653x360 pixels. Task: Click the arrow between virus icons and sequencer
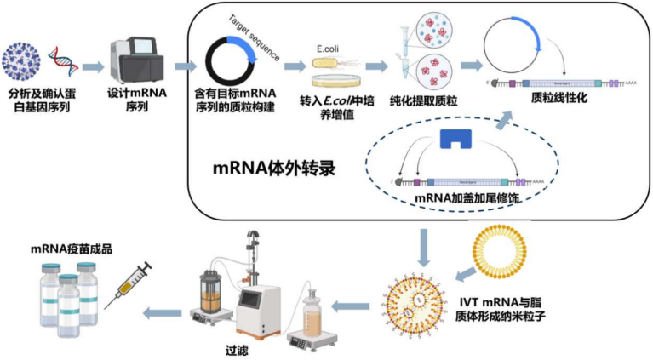tap(93, 66)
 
